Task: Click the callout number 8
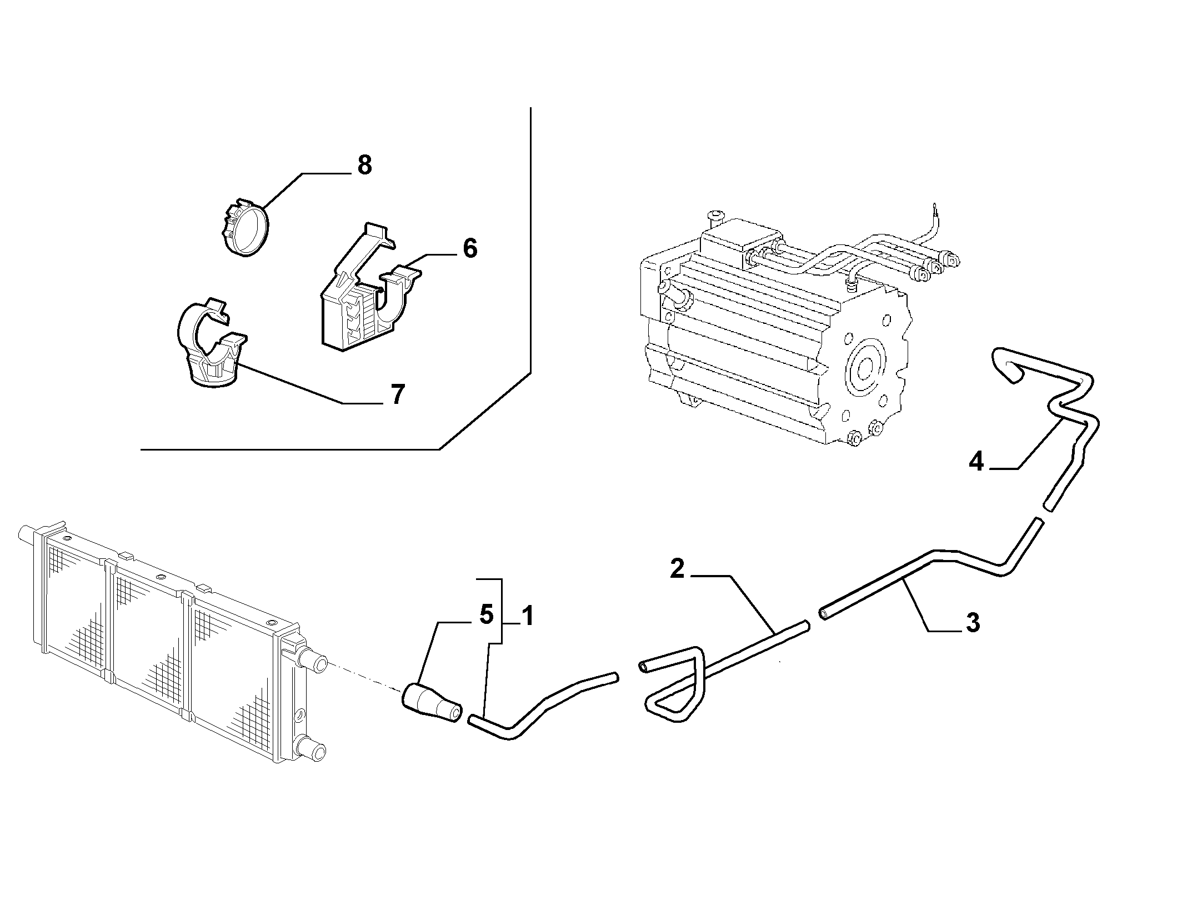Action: pyautogui.click(x=364, y=165)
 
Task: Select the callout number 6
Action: pyautogui.click(x=470, y=248)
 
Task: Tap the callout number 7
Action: pyautogui.click(x=397, y=395)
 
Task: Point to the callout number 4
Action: pyautogui.click(x=976, y=462)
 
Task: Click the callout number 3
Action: pyautogui.click(x=973, y=623)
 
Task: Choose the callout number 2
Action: pyautogui.click(x=677, y=569)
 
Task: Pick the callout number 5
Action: pyautogui.click(x=486, y=616)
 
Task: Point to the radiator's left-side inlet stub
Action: pyautogui.click(x=27, y=535)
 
